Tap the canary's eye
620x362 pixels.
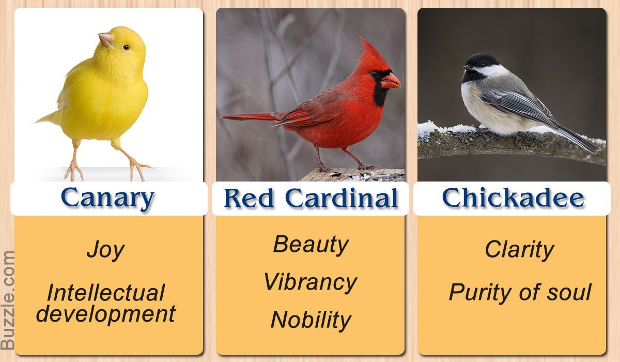click(x=126, y=48)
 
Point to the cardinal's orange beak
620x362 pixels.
click(x=390, y=81)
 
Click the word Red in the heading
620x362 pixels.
click(x=249, y=198)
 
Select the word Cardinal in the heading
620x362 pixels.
click(x=342, y=198)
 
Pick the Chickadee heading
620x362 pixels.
click(x=513, y=197)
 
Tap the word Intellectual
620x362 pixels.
click(x=106, y=293)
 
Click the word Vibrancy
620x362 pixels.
click(x=311, y=283)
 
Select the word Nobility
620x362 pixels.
click(x=311, y=321)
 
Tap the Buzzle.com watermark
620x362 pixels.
click(x=7, y=300)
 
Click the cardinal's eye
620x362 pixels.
click(x=375, y=74)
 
